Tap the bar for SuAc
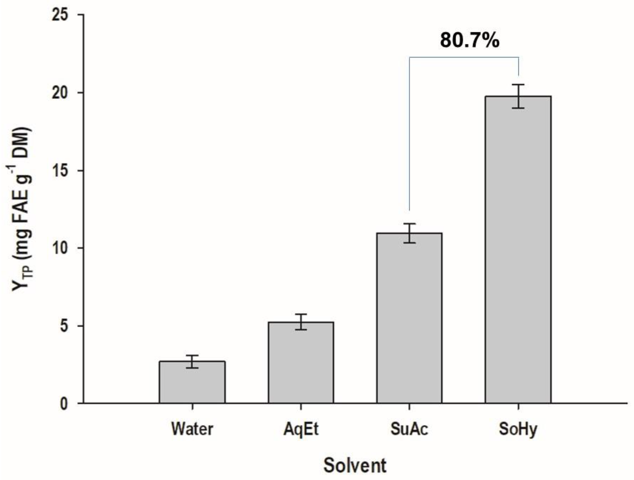click(409, 318)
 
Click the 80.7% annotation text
click(470, 40)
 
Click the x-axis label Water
click(192, 429)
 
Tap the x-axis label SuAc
click(409, 429)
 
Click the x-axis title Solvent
click(355, 466)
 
